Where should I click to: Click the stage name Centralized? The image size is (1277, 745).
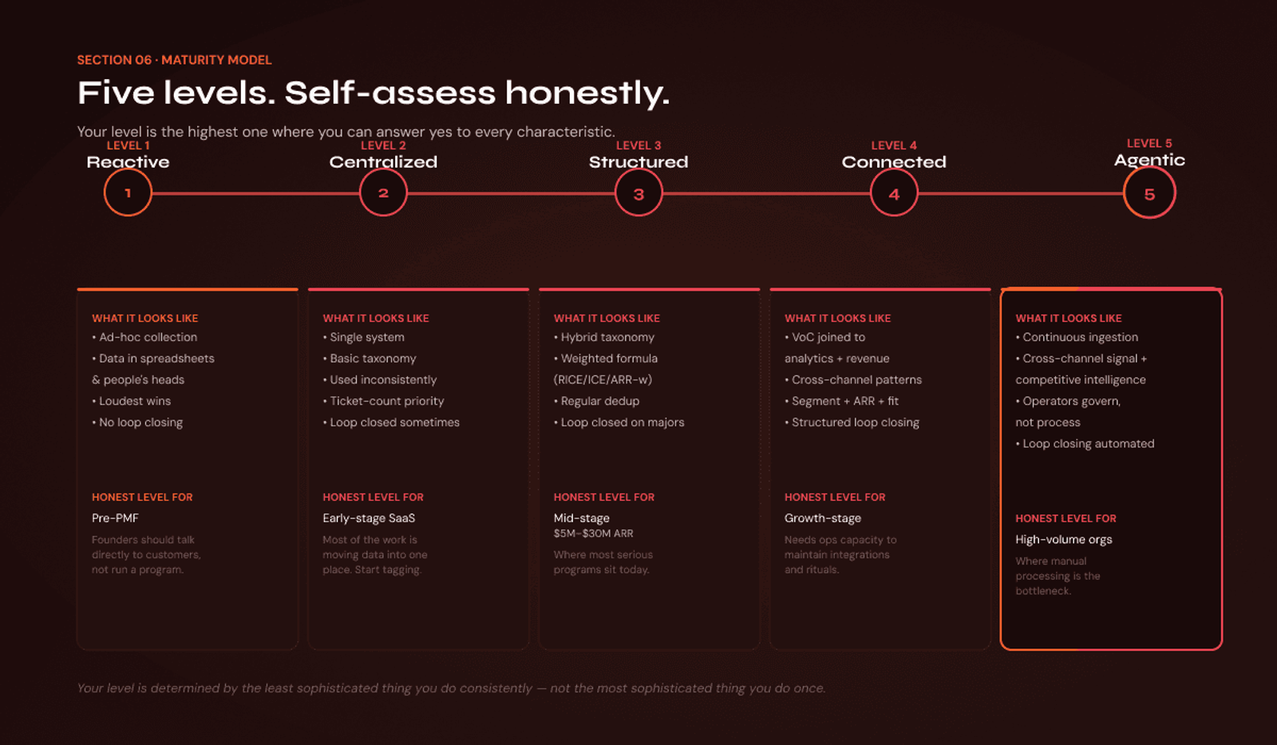coord(383,162)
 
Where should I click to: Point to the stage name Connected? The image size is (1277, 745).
coord(894,162)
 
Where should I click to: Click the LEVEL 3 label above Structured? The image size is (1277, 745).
coord(638,145)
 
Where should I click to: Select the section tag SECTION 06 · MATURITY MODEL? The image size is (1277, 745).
coord(175,60)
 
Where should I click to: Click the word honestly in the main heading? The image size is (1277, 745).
coord(587,93)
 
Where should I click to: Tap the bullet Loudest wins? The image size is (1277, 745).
coord(132,401)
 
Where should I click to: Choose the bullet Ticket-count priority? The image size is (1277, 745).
coord(384,401)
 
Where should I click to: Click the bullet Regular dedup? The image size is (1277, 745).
coord(597,401)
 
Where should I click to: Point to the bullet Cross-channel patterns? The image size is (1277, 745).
coord(853,380)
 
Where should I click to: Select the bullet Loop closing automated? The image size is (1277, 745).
coord(1085,444)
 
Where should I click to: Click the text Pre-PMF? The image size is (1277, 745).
coord(115,518)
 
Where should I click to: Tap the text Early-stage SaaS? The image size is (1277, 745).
coord(369,518)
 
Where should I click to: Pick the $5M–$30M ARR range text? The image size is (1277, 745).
coord(594,533)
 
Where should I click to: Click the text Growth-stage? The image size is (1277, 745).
coord(823,518)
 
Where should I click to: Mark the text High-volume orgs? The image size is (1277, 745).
coord(1064,540)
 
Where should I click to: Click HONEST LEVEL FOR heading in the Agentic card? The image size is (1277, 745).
coord(1066,518)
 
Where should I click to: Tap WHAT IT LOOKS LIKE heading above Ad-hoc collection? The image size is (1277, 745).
coord(145,319)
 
